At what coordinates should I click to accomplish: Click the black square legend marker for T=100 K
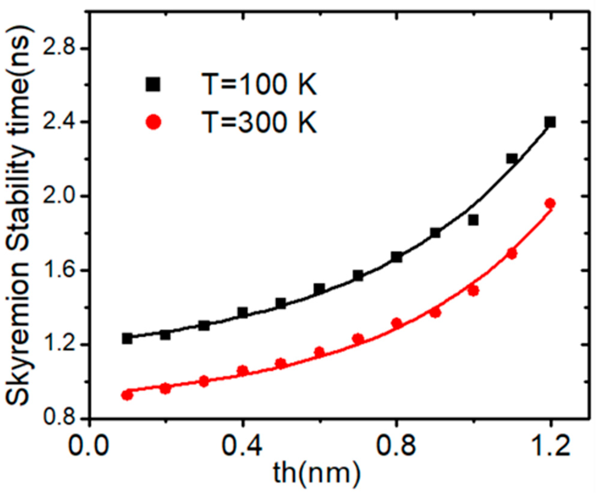pyautogui.click(x=153, y=84)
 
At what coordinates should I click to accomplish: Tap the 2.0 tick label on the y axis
pyautogui.click(x=60, y=196)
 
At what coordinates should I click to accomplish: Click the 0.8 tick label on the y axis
pyautogui.click(x=60, y=419)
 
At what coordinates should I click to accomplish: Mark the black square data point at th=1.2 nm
pyautogui.click(x=550, y=122)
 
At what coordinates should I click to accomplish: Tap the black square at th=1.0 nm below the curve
pyautogui.click(x=473, y=220)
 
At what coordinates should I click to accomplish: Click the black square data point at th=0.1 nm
pyautogui.click(x=127, y=338)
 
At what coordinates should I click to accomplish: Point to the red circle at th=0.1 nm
pyautogui.click(x=127, y=395)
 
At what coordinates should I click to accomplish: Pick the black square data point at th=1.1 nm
pyautogui.click(x=512, y=158)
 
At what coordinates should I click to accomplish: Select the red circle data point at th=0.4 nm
pyautogui.click(x=242, y=370)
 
